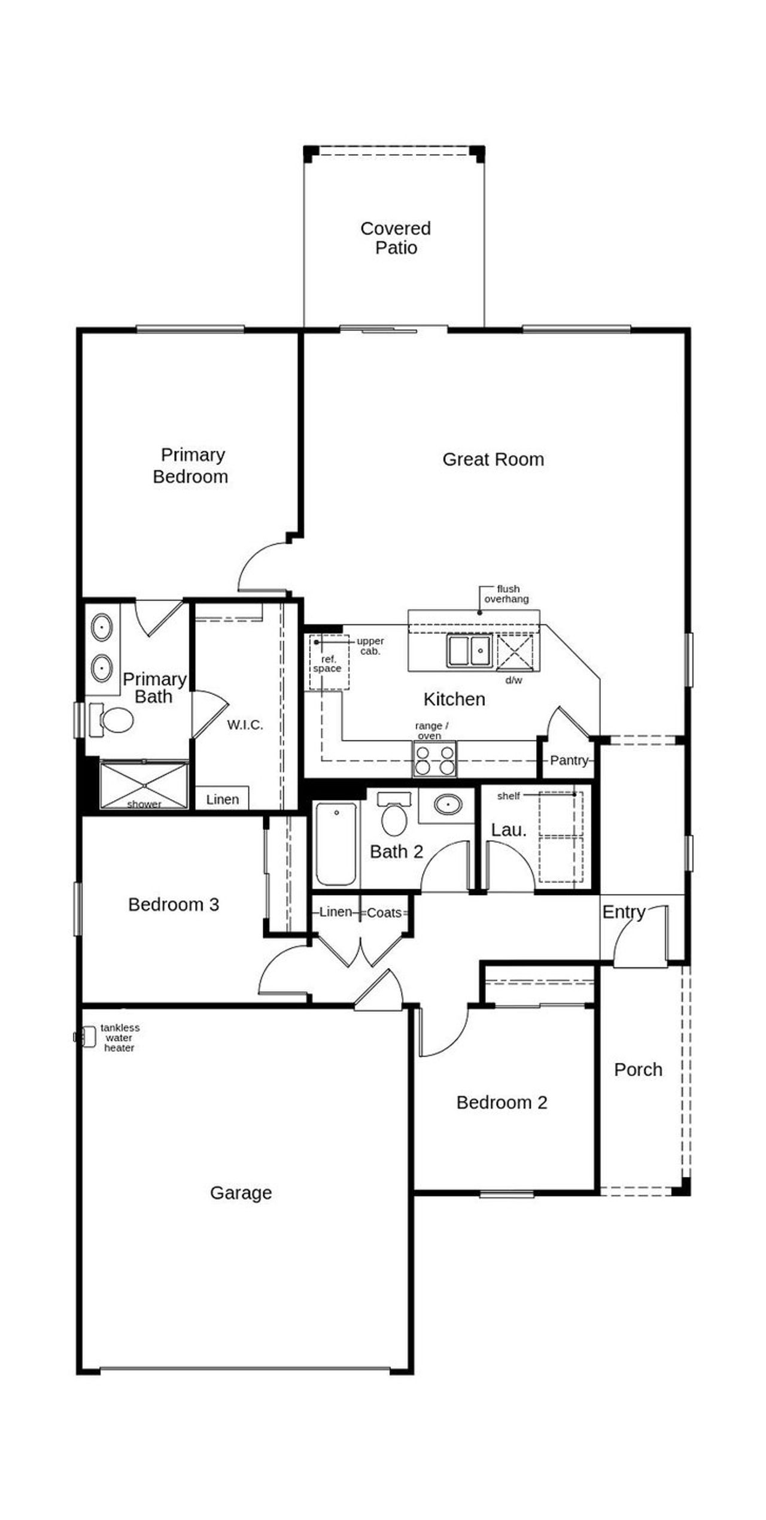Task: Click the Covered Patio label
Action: [x=396, y=238]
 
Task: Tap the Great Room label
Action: [x=493, y=459]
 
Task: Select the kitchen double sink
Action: [x=469, y=651]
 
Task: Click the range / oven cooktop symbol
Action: [x=434, y=759]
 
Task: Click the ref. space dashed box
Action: [x=329, y=663]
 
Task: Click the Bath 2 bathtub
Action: [x=336, y=844]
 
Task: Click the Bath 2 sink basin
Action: [x=448, y=804]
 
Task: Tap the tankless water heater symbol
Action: [x=87, y=1037]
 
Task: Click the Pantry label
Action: [x=569, y=760]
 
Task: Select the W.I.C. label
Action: [x=245, y=725]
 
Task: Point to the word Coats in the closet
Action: [x=384, y=912]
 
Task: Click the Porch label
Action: [x=638, y=1069]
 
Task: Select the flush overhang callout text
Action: [x=506, y=594]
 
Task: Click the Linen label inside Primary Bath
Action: [x=222, y=799]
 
